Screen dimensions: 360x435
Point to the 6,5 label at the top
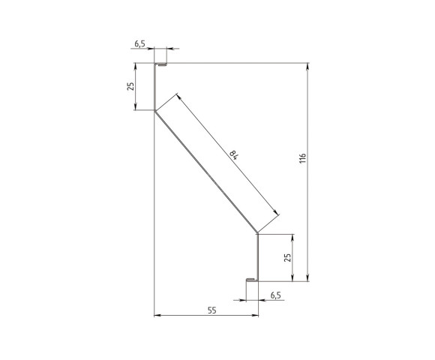(140, 43)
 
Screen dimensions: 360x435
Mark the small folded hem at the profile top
(160, 65)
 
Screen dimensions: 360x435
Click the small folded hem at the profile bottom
(252, 280)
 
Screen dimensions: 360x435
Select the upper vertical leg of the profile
(155, 88)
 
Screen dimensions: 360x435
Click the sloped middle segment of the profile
(206, 172)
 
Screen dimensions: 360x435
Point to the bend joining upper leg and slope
(155, 112)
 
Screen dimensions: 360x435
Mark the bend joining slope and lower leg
(258, 232)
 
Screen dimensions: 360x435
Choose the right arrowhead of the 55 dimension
(255, 315)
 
